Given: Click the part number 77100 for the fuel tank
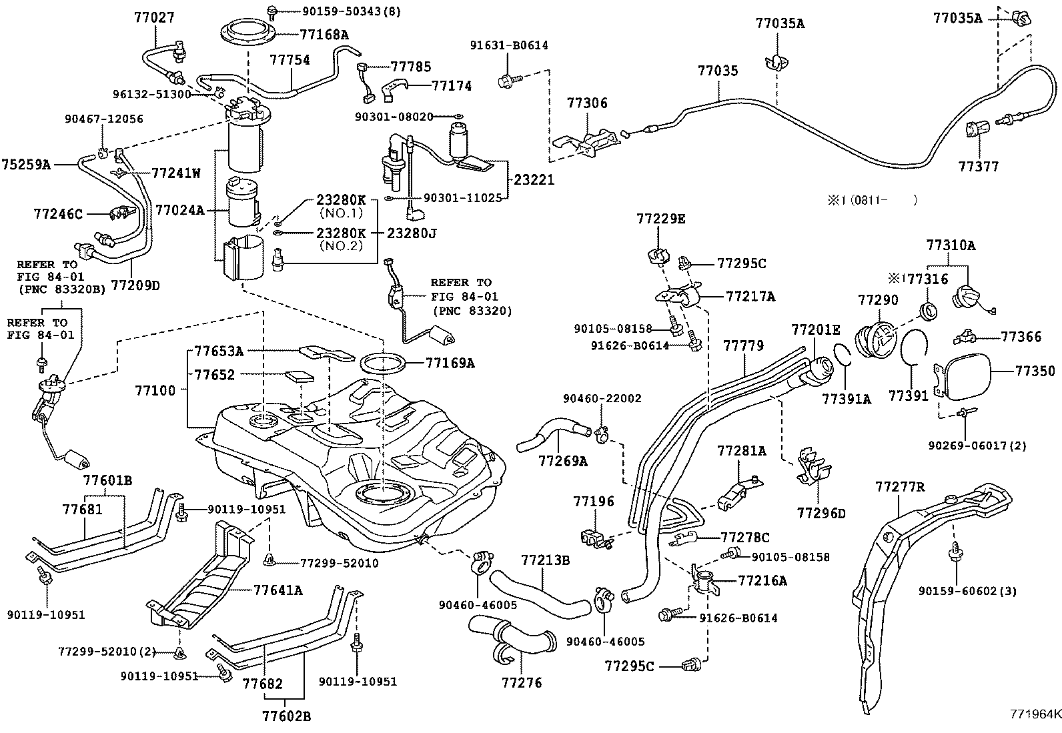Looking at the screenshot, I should pos(155,390).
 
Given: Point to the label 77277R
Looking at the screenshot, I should pos(900,488).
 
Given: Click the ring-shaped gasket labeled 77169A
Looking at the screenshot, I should pos(383,364).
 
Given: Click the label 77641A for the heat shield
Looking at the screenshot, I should pos(278,590).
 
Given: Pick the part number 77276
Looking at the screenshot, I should pos(522,683).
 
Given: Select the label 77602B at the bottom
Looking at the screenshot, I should pos(287,717).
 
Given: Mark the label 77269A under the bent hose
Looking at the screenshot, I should pos(563,461).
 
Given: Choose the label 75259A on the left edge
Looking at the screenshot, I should pos(27,163).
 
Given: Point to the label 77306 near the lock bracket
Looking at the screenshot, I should pos(587,103).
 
